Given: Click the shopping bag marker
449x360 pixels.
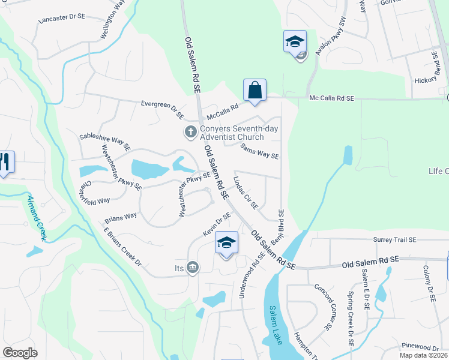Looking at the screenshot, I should click(x=255, y=91).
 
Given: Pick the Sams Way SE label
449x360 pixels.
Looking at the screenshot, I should click(x=259, y=151).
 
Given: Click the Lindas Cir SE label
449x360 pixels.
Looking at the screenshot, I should click(x=246, y=193).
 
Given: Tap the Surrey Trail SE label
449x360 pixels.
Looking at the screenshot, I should click(x=394, y=240).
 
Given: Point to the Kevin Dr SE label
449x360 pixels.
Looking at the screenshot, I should click(x=217, y=224).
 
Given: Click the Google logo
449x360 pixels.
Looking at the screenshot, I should click(x=20, y=353).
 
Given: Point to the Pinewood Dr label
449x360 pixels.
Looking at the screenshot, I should click(x=421, y=347).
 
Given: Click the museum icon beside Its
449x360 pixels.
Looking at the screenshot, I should click(x=193, y=267).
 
